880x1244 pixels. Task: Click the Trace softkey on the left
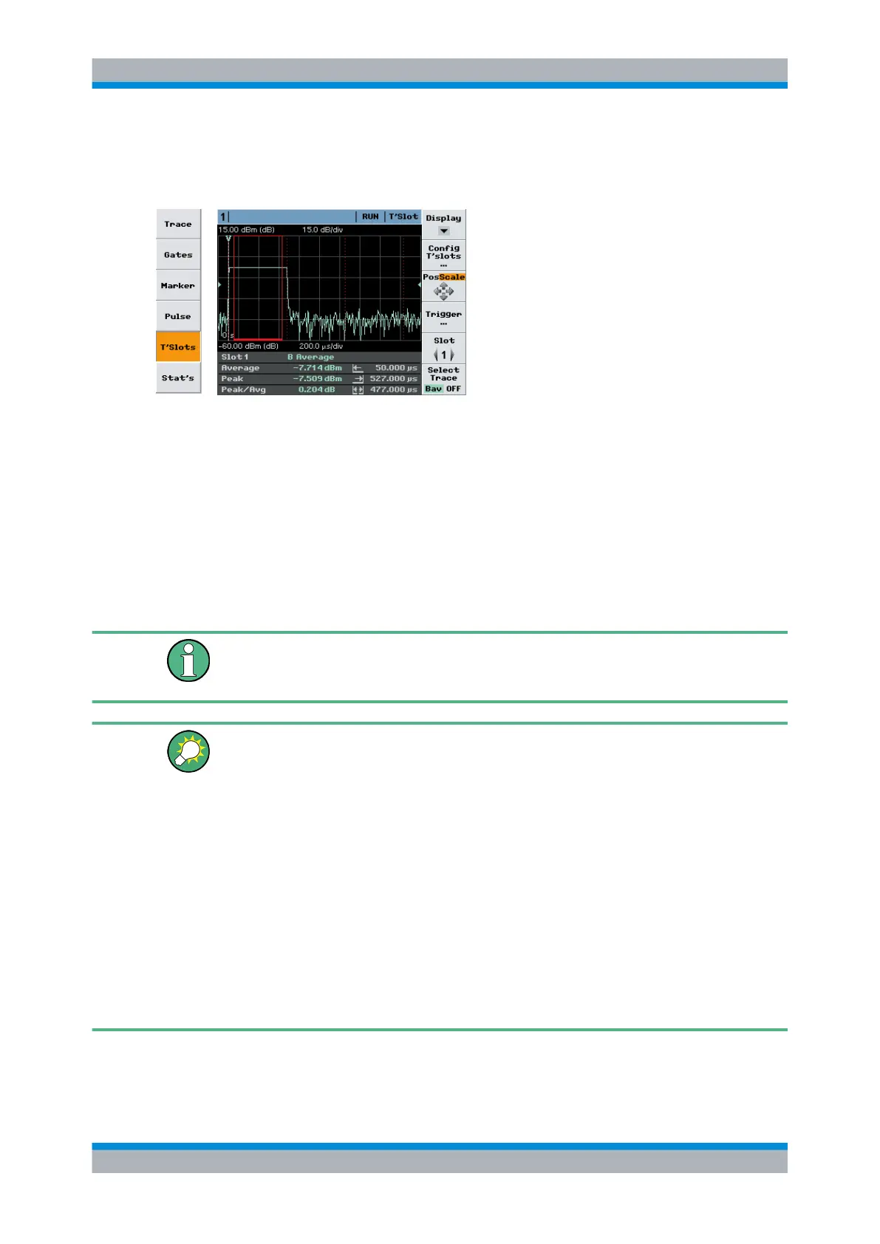pyautogui.click(x=178, y=224)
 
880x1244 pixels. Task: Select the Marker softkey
pyautogui.click(x=178, y=285)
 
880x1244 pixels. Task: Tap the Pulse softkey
pyautogui.click(x=178, y=316)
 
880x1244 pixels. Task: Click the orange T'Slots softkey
pyautogui.click(x=178, y=347)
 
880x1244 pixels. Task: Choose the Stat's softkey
pyautogui.click(x=178, y=377)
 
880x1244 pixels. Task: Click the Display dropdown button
pyautogui.click(x=443, y=224)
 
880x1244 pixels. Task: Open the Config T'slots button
pyautogui.click(x=443, y=255)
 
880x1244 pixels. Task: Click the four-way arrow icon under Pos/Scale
pyautogui.click(x=443, y=291)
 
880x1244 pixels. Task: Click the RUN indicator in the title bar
pyautogui.click(x=370, y=216)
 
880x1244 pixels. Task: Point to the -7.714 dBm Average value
pyautogui.click(x=317, y=368)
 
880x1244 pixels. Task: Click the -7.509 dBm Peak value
pyautogui.click(x=317, y=378)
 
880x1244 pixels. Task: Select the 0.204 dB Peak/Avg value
pyautogui.click(x=316, y=389)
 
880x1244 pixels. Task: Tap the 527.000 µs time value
pyautogui.click(x=393, y=378)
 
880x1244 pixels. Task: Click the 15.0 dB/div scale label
pyautogui.click(x=322, y=230)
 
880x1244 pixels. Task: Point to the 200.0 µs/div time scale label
pyautogui.click(x=321, y=346)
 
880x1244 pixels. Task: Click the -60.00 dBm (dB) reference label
pyautogui.click(x=248, y=346)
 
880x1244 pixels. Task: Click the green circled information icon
pyautogui.click(x=188, y=660)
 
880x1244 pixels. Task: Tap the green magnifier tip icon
pyautogui.click(x=188, y=751)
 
